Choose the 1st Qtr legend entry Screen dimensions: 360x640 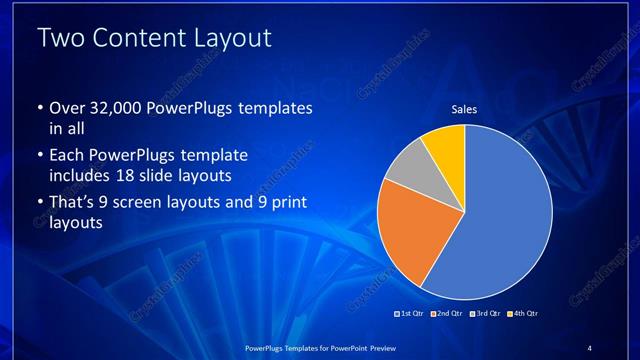[411, 314]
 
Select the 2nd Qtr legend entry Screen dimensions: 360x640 [446, 314]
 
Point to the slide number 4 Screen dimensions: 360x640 [590, 347]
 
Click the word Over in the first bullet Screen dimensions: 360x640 [63, 107]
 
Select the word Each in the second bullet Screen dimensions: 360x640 [64, 156]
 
